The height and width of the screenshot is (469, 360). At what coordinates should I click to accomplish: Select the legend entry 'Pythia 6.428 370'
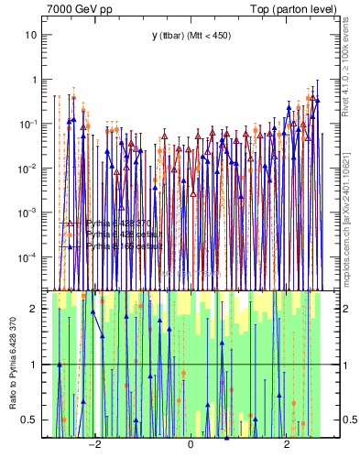[x=119, y=223]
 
